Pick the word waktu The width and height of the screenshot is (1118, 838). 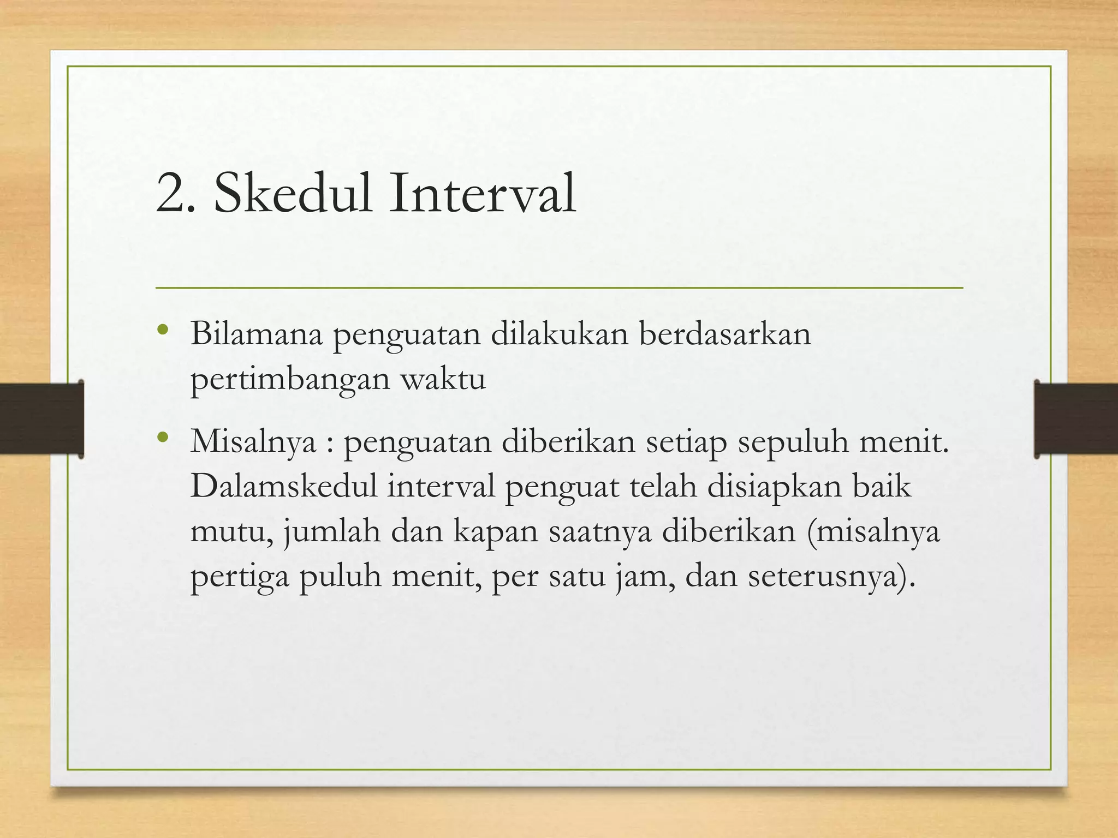[443, 378]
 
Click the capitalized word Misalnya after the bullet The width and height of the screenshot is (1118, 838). [253, 442]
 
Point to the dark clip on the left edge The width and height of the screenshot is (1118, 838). [41, 419]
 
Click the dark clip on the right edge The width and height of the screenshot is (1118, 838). [1075, 419]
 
